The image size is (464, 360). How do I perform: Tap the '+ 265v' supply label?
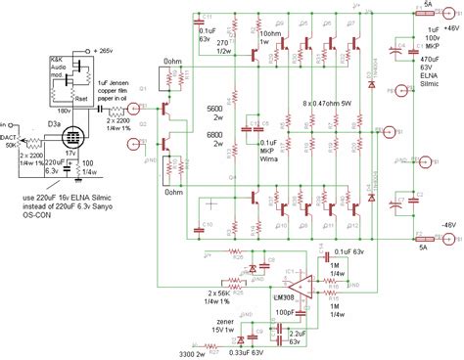(111, 48)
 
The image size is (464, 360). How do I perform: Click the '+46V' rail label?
(444, 31)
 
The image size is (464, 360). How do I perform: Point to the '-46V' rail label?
(444, 225)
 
